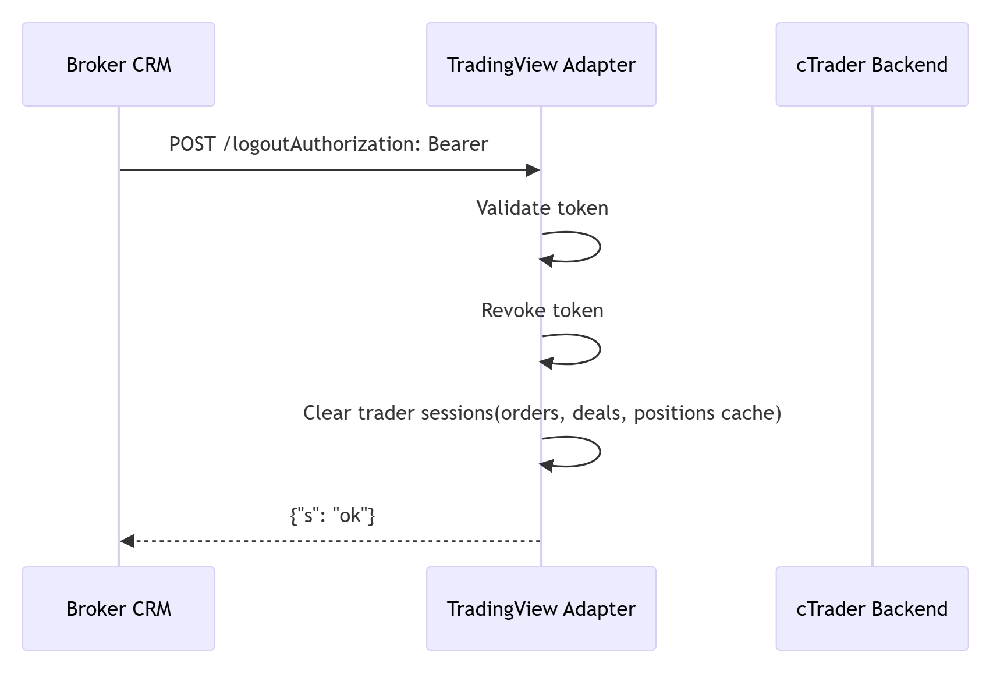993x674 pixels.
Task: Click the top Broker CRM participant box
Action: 119,65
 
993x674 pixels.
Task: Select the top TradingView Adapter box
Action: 541,65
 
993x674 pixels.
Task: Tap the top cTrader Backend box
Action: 871,65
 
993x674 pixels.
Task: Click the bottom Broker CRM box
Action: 119,608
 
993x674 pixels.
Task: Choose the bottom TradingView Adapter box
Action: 541,608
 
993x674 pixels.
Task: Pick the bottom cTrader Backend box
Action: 871,608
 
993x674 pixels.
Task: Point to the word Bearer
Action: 458,144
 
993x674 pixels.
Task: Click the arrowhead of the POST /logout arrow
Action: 533,170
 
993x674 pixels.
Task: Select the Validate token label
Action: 542,208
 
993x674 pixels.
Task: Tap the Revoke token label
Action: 542,310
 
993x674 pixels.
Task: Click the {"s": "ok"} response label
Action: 332,515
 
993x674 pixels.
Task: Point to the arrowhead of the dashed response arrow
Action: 127,541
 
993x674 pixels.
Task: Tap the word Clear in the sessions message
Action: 327,413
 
